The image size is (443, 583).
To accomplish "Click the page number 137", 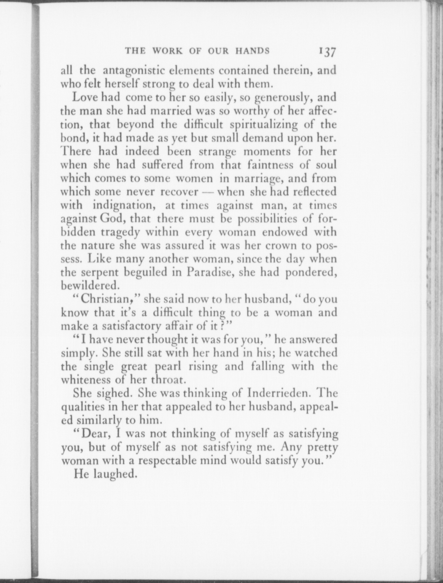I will point(325,51).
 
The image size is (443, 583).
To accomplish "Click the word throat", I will point(170,380).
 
